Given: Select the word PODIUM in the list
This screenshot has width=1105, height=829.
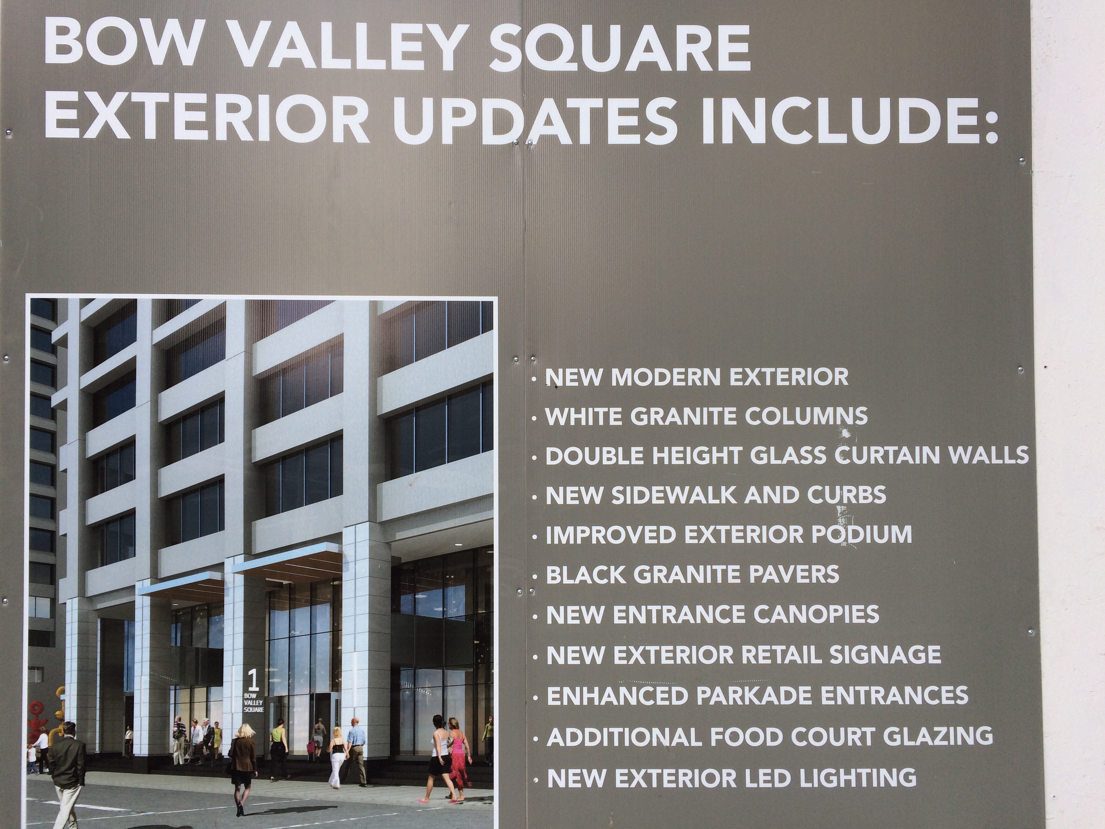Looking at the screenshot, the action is tap(861, 534).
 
